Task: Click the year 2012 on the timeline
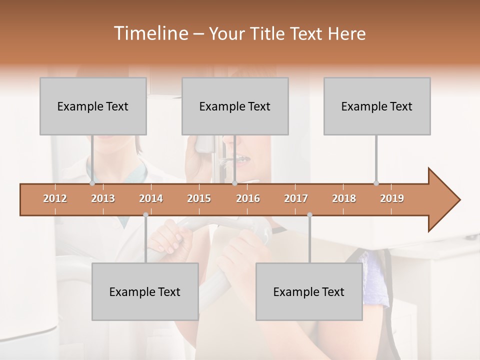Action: coord(55,198)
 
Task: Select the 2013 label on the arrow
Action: coord(103,198)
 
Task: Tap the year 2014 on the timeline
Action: coord(151,198)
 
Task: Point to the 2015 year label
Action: coord(199,198)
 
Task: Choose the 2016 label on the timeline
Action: coord(248,198)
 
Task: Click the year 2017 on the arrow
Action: coord(296,198)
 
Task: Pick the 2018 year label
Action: coord(344,198)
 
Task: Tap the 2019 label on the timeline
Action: coord(392,198)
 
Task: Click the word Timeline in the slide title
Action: coord(150,33)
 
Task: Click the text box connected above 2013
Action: coord(93,106)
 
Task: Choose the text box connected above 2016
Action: coord(235,106)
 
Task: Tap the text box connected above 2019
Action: coord(377,106)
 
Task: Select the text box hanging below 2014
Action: coord(145,292)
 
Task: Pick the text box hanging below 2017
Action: coord(309,292)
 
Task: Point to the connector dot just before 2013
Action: coord(92,183)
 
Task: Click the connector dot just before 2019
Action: coord(376,183)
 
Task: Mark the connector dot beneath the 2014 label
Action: coord(145,215)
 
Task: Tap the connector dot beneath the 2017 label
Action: coord(309,215)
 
